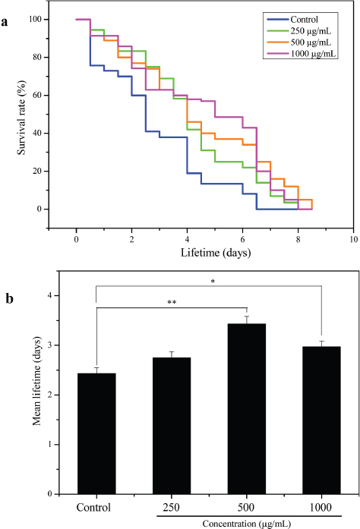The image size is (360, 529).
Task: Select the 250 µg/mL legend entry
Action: click(308, 31)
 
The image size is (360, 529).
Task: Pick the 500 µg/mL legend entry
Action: click(308, 43)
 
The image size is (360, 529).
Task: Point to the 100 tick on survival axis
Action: click(39, 19)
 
